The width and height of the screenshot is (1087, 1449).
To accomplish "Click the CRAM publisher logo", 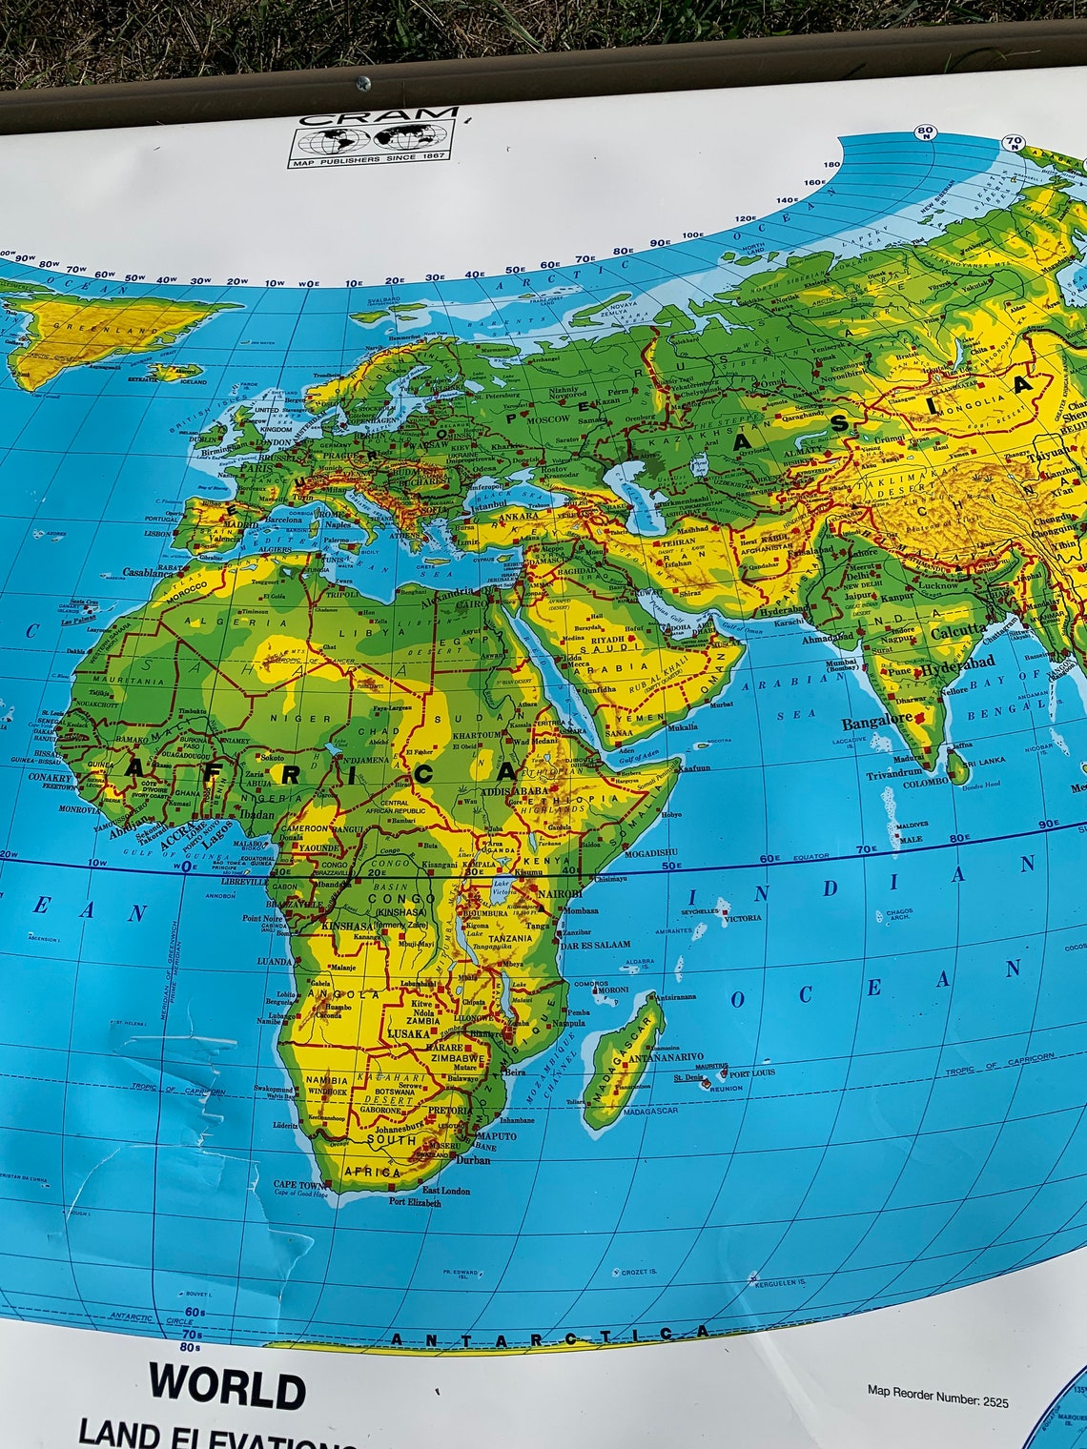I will pyautogui.click(x=374, y=140).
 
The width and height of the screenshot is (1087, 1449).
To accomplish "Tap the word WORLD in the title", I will pyautogui.click(x=227, y=1386).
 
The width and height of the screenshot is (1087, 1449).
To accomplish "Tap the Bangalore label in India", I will pyautogui.click(x=875, y=723).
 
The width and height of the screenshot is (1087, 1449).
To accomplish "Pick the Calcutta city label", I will pyautogui.click(x=958, y=630).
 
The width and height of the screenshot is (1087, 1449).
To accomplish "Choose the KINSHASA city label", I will pyautogui.click(x=348, y=926).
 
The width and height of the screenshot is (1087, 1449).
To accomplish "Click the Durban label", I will pyautogui.click(x=474, y=1160).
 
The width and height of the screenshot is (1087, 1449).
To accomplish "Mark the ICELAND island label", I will pyautogui.click(x=193, y=380).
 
